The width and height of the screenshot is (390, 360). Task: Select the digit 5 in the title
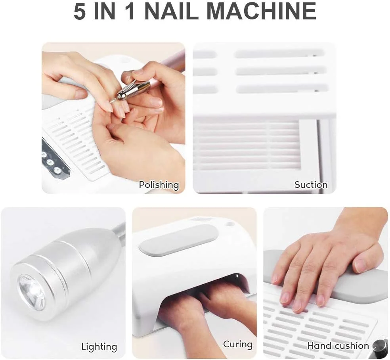click(79, 11)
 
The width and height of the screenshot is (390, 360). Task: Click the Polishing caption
click(159, 185)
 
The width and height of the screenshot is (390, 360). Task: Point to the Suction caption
click(311, 185)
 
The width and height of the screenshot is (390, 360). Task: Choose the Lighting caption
click(99, 347)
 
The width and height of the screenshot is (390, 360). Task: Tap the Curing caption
click(238, 344)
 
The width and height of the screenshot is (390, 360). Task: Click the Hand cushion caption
click(338, 346)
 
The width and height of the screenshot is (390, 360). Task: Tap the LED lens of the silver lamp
click(32, 292)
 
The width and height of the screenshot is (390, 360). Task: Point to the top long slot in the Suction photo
click(279, 54)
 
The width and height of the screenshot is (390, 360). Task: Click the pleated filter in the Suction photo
click(246, 145)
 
